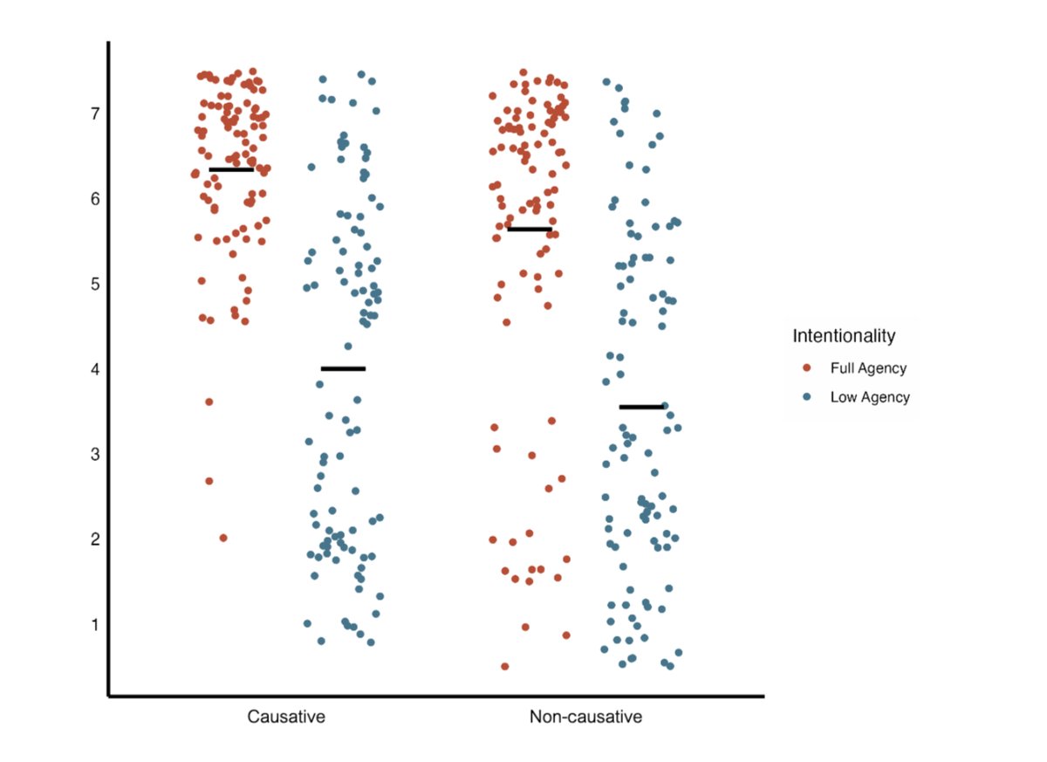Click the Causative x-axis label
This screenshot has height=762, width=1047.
(x=286, y=718)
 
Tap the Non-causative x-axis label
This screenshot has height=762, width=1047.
(x=585, y=718)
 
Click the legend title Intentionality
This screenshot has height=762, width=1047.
(x=844, y=335)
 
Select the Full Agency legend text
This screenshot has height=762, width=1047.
(x=868, y=368)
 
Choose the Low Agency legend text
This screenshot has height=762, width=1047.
(x=870, y=397)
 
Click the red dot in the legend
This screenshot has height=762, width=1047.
(x=806, y=368)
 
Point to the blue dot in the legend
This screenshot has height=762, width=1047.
(x=806, y=397)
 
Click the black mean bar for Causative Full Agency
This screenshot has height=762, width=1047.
(x=231, y=169)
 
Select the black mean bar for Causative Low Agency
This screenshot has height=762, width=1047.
(x=343, y=368)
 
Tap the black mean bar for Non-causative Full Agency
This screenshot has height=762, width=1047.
(x=530, y=230)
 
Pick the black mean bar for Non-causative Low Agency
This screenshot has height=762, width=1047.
(x=641, y=407)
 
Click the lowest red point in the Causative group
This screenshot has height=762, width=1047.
(x=223, y=538)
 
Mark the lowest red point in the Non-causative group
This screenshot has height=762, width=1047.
(x=505, y=667)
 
